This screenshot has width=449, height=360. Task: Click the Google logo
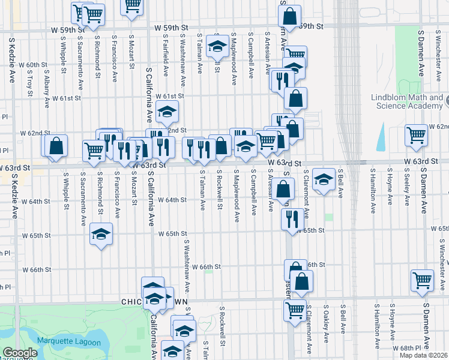(20, 353)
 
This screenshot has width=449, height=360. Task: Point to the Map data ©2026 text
(423, 355)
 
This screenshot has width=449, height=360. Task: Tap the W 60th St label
(33, 65)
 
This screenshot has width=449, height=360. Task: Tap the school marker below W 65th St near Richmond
(101, 234)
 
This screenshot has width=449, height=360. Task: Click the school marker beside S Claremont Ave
(324, 179)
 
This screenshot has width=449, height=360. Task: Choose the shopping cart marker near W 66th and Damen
(422, 280)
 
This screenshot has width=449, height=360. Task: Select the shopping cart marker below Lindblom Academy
(416, 135)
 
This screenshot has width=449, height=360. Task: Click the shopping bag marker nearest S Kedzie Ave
(56, 146)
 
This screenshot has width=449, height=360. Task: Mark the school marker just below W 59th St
(217, 45)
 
